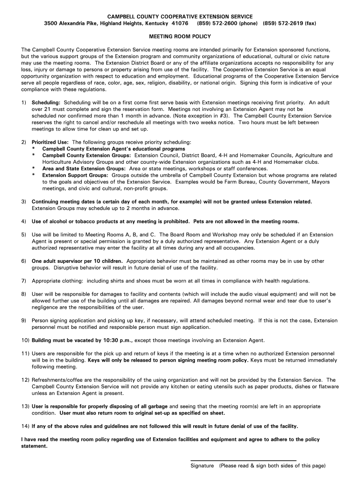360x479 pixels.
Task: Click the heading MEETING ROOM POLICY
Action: tap(180, 36)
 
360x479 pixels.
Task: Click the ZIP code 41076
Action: tap(180, 23)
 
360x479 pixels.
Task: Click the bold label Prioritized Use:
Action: tap(50, 142)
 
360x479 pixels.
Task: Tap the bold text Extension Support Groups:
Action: tap(75, 175)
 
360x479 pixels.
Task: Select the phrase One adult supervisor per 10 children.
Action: tap(77, 261)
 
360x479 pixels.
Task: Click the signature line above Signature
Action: tap(243, 460)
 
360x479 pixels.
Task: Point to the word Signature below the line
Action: tap(202, 466)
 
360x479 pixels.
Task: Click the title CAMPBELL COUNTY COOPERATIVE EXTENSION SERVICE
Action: tap(180, 16)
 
